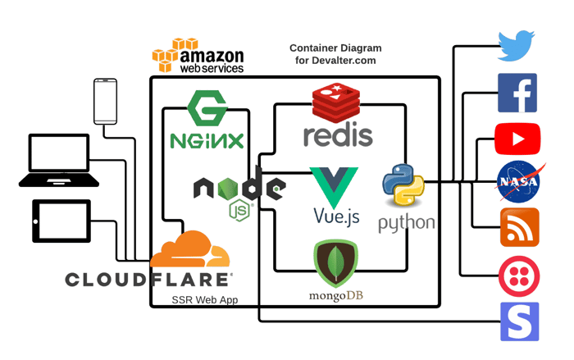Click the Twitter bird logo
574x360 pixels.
516,46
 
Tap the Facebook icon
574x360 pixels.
517,93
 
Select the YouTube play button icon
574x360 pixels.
517,139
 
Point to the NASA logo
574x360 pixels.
519,182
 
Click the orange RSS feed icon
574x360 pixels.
519,227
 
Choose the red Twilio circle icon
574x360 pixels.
519,276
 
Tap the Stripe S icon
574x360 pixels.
519,321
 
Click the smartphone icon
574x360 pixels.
106,102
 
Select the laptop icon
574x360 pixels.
59,161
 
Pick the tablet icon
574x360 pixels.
61,221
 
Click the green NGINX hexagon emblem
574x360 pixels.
207,108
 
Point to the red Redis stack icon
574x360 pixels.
336,103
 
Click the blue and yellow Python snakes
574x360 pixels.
403,185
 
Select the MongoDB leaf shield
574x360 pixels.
335,263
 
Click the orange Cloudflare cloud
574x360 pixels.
189,249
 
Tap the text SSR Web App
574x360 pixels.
205,300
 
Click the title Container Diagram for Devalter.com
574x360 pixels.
335,54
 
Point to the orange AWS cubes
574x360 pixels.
175,55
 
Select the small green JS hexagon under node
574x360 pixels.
239,211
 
